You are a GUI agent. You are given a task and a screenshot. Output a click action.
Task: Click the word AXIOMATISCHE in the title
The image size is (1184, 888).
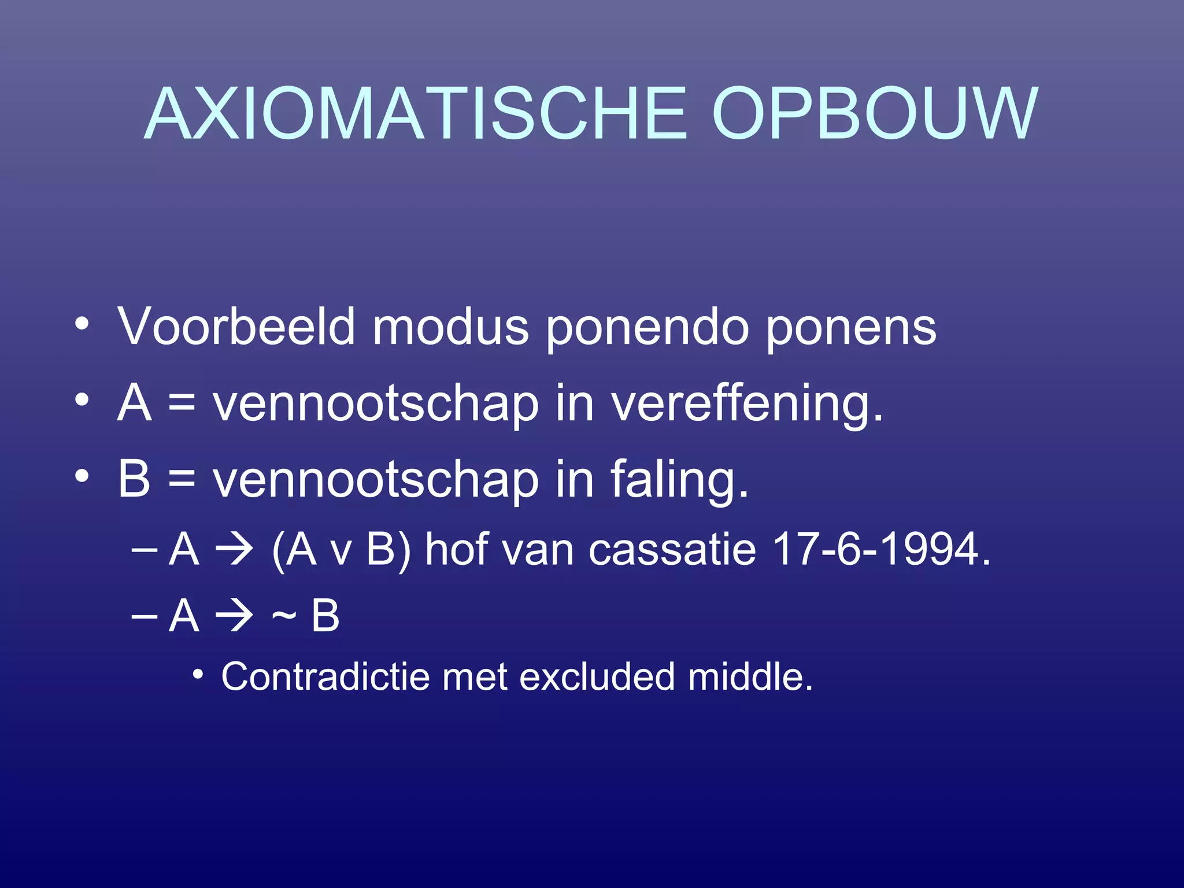(x=416, y=114)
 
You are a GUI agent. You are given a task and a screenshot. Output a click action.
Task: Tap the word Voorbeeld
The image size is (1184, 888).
(x=236, y=327)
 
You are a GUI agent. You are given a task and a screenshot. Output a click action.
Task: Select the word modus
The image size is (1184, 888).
(x=450, y=327)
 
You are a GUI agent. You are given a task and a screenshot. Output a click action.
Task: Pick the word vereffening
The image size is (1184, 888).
(x=746, y=405)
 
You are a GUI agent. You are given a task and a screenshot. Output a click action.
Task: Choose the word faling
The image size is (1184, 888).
(x=679, y=480)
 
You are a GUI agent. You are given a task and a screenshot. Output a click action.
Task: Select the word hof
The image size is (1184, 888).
(x=456, y=549)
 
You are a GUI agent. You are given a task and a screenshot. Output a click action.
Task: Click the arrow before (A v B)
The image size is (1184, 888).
(x=234, y=550)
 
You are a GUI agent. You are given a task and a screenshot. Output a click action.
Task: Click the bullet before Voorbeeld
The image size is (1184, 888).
(x=82, y=325)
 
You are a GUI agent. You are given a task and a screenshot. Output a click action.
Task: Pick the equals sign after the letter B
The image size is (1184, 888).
(x=182, y=479)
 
